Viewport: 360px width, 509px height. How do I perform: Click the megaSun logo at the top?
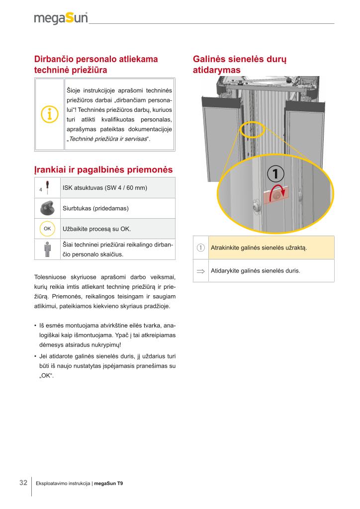tap(61, 18)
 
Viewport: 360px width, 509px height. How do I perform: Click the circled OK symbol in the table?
tap(48, 229)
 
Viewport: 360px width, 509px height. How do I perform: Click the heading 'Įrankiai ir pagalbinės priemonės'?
tap(103, 170)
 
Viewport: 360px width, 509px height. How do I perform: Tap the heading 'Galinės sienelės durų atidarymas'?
tap(239, 65)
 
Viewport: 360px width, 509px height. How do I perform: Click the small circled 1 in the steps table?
tap(201, 248)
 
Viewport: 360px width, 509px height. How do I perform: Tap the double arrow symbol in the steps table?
tap(201, 271)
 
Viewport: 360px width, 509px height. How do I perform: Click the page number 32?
tap(23, 483)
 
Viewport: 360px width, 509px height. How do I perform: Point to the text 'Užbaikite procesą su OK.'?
tap(96, 229)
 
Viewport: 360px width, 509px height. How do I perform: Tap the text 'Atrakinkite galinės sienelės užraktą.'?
tap(259, 248)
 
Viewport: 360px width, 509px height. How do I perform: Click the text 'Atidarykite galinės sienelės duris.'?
tap(256, 271)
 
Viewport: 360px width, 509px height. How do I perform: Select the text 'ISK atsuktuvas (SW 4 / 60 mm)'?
tap(104, 187)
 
